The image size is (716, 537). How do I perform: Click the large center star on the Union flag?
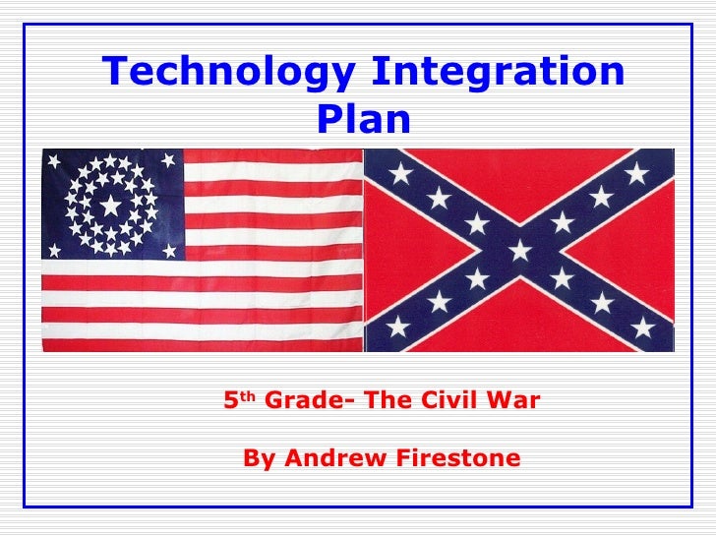pyautogui.click(x=111, y=206)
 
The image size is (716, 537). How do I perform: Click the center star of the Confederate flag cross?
pyautogui.click(x=519, y=251)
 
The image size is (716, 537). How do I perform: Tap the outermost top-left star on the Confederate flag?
pyautogui.click(x=400, y=174)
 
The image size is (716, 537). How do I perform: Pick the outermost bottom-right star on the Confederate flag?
pyautogui.click(x=642, y=327)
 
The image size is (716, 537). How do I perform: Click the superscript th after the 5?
pyautogui.click(x=250, y=397)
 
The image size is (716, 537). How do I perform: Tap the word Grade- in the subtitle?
pyautogui.click(x=300, y=401)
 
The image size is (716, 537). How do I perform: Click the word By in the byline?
pyautogui.click(x=256, y=459)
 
